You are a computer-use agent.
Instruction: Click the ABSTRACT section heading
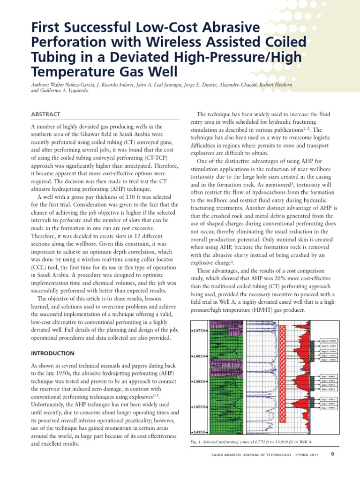(x=45, y=114)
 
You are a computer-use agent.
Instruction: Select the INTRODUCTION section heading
(x=52, y=353)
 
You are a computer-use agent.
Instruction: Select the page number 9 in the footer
(x=332, y=454)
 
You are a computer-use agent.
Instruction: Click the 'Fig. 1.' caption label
(x=199, y=442)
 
